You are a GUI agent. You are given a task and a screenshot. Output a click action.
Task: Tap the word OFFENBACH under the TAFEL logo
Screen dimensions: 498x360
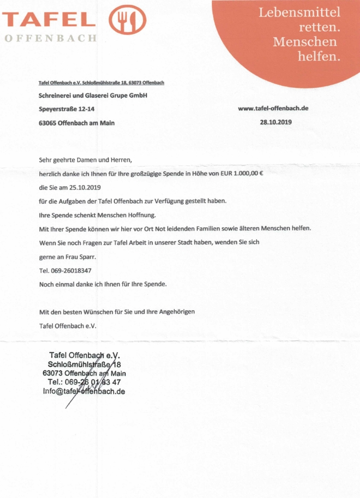50,39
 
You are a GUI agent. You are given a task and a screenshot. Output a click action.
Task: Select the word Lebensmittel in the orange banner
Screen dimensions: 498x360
299,12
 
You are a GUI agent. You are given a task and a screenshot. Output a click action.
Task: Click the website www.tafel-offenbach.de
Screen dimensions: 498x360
273,108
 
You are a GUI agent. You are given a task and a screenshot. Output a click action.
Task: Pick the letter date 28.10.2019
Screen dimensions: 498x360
276,122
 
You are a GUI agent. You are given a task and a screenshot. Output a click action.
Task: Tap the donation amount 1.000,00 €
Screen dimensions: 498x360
244,174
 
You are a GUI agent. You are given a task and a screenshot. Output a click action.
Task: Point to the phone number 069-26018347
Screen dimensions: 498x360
71,270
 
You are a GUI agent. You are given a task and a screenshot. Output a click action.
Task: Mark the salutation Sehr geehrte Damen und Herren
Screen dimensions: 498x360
86,160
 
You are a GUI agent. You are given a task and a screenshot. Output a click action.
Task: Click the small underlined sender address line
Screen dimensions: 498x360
102,82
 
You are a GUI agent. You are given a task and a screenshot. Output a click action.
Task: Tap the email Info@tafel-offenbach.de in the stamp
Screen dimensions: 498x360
84,392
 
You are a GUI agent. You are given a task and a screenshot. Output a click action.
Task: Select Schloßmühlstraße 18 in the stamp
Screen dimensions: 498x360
84,364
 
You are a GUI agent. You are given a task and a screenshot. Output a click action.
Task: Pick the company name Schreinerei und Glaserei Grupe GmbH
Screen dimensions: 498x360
93,96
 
